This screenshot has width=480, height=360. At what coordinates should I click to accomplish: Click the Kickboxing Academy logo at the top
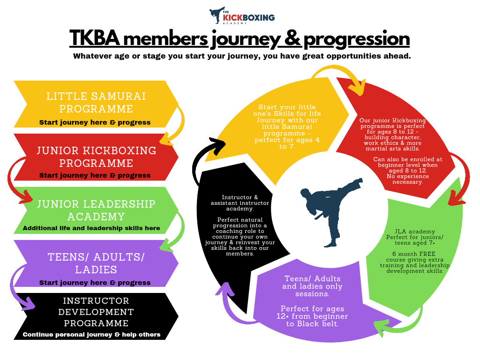242,16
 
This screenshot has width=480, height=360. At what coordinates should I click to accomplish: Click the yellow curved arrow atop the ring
338,77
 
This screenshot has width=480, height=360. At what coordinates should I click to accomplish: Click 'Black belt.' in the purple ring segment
318,324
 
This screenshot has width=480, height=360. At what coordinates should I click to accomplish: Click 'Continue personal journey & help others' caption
91,335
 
